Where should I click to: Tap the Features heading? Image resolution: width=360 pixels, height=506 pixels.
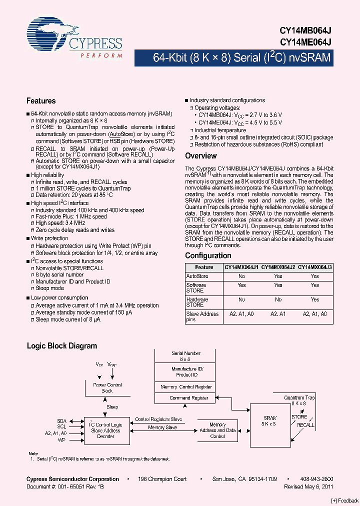[41, 101]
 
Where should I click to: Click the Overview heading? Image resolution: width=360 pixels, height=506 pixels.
[201, 156]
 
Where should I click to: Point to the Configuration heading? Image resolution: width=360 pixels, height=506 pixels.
[208, 255]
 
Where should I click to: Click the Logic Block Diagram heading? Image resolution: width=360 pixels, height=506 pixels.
[61, 345]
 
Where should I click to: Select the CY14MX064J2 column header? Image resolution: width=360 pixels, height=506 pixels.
[278, 267]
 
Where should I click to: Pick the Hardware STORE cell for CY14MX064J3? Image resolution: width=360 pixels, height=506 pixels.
[314, 299]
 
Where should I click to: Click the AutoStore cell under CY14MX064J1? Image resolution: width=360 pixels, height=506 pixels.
[241, 276]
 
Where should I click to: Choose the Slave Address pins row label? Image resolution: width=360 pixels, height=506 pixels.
[202, 316]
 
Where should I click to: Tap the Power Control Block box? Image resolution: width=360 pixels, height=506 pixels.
[107, 387]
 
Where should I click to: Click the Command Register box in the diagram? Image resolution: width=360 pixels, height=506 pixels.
[189, 398]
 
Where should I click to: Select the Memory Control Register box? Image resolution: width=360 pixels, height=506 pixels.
[186, 387]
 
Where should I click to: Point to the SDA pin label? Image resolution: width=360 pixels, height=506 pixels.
[61, 421]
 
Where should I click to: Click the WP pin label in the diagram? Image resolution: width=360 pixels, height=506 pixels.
[61, 440]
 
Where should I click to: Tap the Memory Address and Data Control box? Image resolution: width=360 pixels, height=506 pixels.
[217, 430]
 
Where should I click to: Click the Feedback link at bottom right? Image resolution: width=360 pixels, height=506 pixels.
[344, 500]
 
